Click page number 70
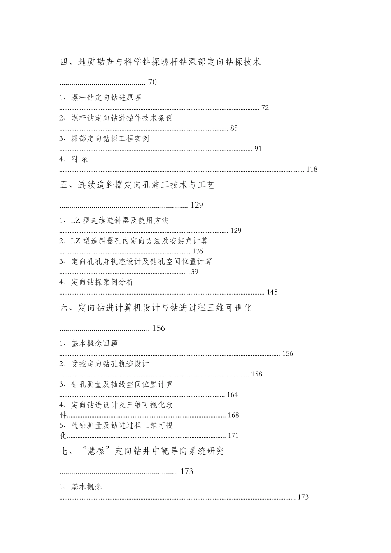coord(152,82)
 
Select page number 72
coord(265,108)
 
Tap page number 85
coord(234,128)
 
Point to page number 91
coord(258,149)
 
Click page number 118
coord(312,169)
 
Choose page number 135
coord(198,251)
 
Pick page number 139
coord(193,272)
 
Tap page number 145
coord(272,292)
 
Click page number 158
coord(256,374)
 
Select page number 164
coord(233,395)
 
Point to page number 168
coord(233,415)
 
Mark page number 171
coord(233,435)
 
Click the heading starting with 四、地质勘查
coord(161,63)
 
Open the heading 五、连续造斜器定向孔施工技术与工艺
coord(137,185)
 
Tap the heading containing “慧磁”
coord(142,451)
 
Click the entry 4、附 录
coord(74,159)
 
